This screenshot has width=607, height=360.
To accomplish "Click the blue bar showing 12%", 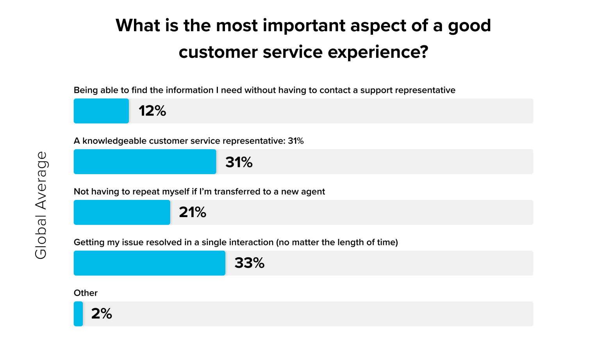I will [x=101, y=111].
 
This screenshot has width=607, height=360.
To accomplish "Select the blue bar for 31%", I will [x=145, y=162].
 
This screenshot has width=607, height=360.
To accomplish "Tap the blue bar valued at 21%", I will [x=122, y=212].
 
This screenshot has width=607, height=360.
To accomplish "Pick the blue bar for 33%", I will [x=149, y=263].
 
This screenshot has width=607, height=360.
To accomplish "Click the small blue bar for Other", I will [x=78, y=314].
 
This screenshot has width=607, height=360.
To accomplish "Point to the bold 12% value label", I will [x=152, y=111].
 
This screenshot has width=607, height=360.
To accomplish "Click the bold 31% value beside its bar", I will [x=239, y=162].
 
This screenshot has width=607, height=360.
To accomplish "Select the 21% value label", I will [x=193, y=212].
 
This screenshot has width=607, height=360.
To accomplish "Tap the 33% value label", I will [x=250, y=263].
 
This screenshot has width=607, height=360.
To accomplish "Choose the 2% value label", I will [x=102, y=314].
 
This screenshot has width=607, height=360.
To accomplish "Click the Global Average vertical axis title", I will [x=41, y=205].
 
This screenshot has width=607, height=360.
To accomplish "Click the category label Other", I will [x=86, y=293].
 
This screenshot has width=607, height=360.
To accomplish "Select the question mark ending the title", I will [x=424, y=52].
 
